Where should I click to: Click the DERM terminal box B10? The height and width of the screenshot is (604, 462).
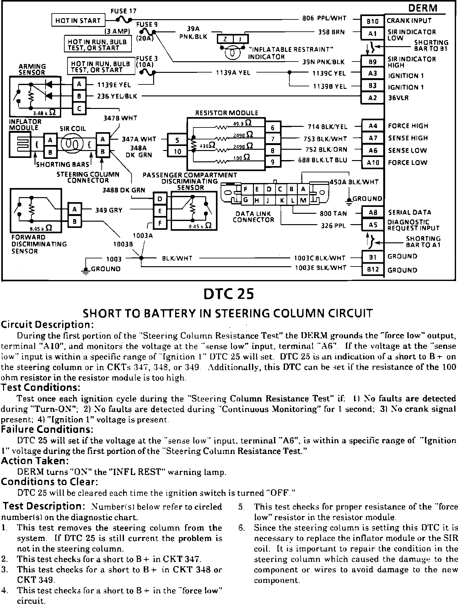373,21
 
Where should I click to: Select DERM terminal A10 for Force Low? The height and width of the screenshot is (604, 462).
373,163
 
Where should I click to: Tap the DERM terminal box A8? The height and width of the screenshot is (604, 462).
373,213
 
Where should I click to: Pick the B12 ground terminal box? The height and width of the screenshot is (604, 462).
373,269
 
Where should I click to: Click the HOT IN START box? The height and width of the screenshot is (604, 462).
78,21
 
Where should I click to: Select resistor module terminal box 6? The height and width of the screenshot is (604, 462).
272,127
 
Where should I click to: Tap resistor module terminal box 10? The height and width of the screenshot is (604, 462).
177,152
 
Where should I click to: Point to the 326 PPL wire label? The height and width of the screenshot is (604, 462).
334,225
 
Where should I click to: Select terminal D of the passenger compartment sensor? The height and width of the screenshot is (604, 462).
160,199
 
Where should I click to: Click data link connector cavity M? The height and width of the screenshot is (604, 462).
303,200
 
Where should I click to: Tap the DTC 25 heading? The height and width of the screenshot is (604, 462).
228,294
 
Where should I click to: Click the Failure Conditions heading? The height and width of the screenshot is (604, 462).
47,429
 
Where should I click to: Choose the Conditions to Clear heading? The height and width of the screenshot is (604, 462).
50,482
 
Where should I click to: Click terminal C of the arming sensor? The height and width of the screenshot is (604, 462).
79,109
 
